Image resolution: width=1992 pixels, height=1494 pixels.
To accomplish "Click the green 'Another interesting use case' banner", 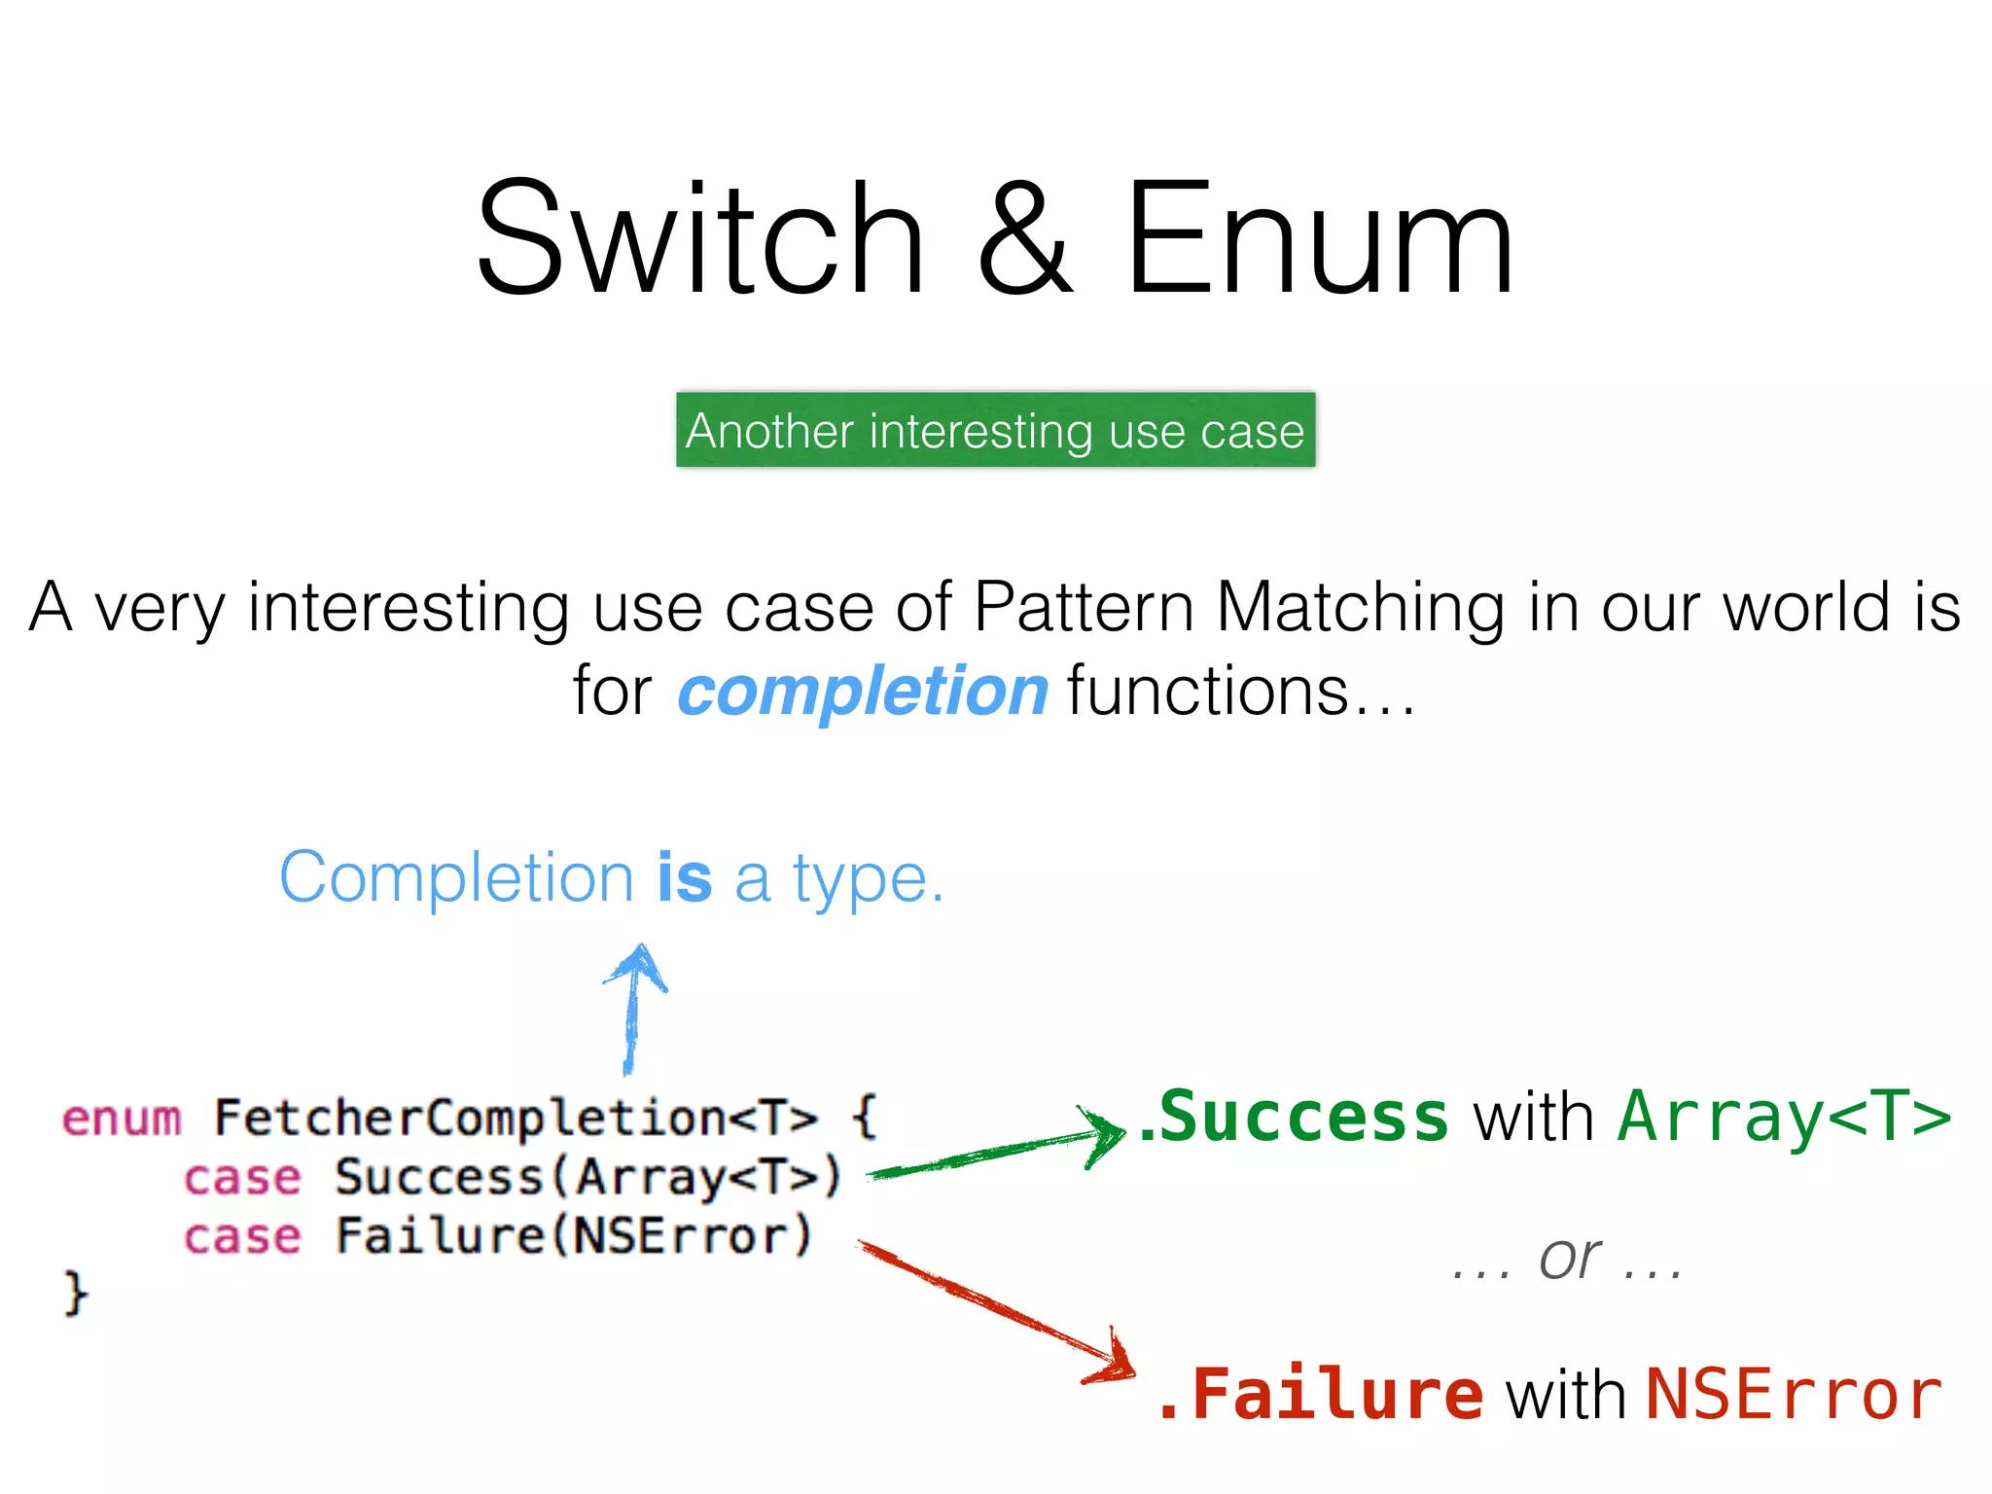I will pos(995,430).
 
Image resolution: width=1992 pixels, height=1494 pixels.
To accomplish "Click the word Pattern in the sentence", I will pos(1084,607).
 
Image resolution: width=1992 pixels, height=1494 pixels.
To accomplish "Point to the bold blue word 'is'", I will pos(684,877).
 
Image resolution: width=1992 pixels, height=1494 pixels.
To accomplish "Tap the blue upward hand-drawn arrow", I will pos(633,1012).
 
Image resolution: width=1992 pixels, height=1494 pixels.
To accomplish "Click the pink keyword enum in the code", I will pos(122,1119).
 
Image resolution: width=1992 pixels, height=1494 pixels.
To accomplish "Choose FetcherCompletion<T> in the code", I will pos(516,1117).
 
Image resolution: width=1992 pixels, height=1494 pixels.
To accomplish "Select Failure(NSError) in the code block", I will pos(574,1236).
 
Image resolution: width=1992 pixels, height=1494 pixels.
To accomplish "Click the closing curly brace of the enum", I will pos(76,1294).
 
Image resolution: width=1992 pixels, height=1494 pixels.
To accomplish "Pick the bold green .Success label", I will pos(1294,1117).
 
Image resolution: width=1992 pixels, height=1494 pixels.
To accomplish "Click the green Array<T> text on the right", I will pos(1784,1117).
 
